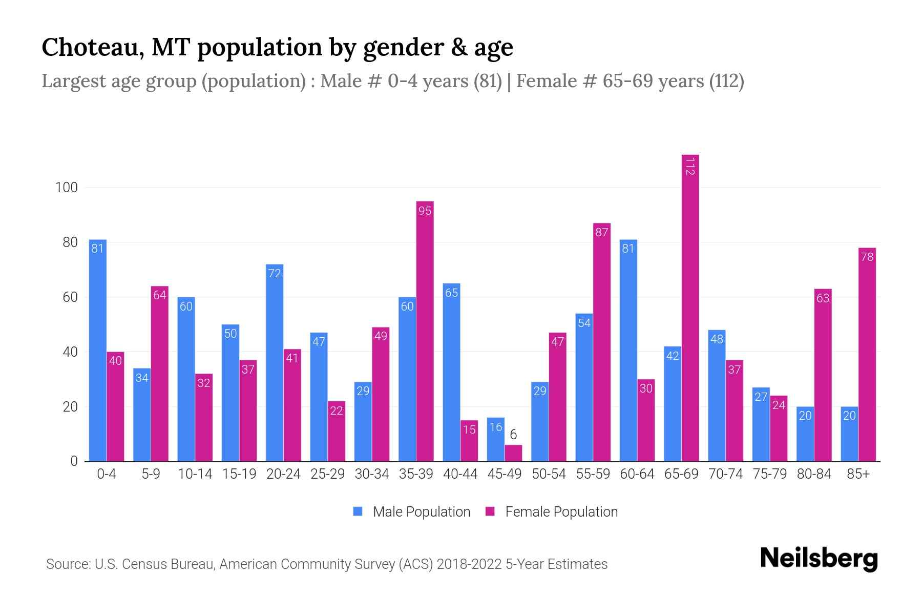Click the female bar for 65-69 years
[x=690, y=307]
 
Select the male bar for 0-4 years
[x=97, y=351]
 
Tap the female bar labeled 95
[x=425, y=331]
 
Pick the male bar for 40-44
[x=451, y=372]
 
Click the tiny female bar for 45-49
[x=513, y=453]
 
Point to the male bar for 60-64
[x=628, y=351]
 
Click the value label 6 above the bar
[x=513, y=435]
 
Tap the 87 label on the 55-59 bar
[x=601, y=233]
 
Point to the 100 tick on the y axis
[x=67, y=188]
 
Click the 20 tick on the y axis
[x=70, y=407]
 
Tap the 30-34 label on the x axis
[x=372, y=474]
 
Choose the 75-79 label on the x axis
[x=769, y=474]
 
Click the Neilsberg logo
[x=819, y=558]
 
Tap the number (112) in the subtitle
[x=726, y=81]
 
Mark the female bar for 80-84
[x=823, y=375]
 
